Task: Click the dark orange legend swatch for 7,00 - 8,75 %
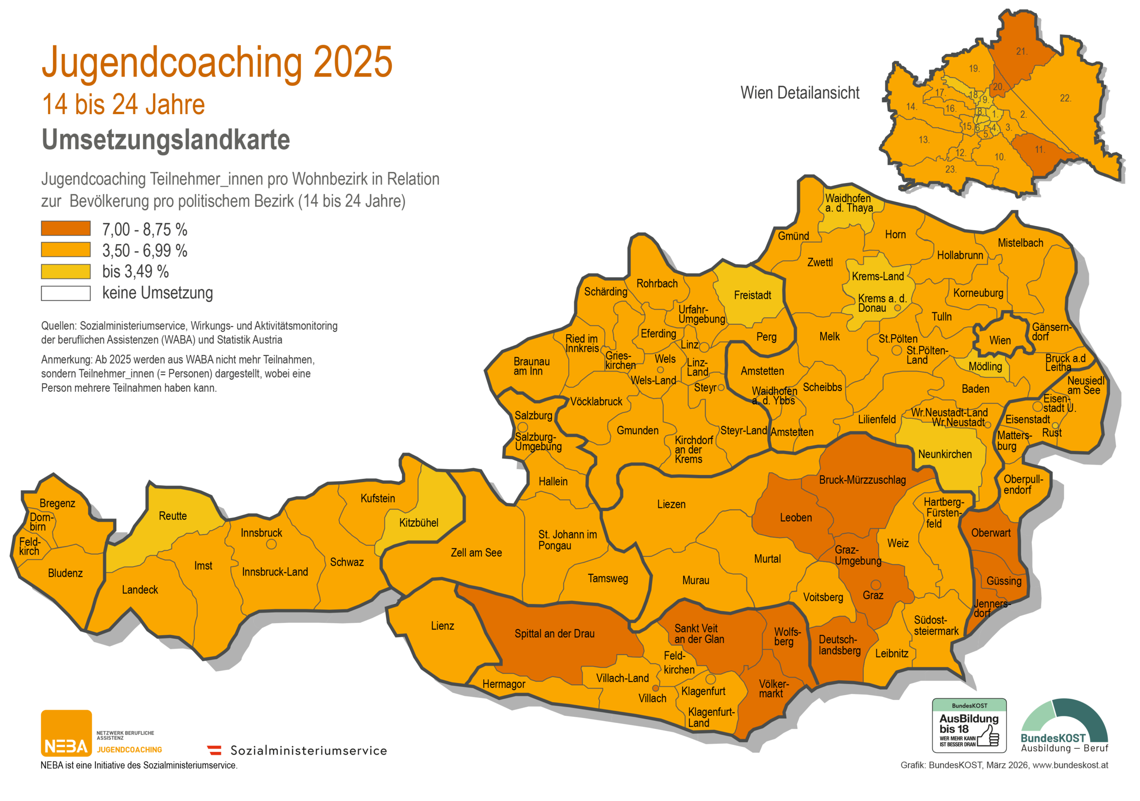click(x=65, y=229)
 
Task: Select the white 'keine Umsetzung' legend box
click(x=65, y=294)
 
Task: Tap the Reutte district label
click(x=173, y=516)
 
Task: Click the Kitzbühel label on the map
click(x=419, y=523)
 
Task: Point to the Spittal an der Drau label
click(x=554, y=633)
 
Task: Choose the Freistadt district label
click(x=752, y=295)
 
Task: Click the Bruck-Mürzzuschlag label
click(x=862, y=480)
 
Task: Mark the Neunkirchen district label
click(x=945, y=454)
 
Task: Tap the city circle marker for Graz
click(x=876, y=585)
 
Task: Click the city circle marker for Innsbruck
click(x=271, y=544)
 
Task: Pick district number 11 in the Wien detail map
click(x=1040, y=150)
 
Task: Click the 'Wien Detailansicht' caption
click(x=799, y=93)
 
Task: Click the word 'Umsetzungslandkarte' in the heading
click(x=165, y=139)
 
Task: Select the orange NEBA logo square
click(x=66, y=733)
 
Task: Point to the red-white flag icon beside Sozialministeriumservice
click(x=215, y=750)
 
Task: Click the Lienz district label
click(x=442, y=626)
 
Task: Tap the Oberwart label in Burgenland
click(x=990, y=533)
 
